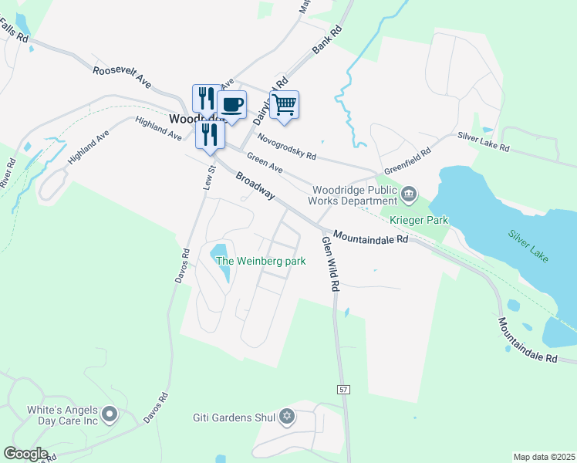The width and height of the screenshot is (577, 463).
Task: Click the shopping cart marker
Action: (x=284, y=105)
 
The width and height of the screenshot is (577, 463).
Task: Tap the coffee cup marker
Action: (x=231, y=105)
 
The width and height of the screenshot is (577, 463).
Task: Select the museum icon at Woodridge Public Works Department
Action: (x=409, y=192)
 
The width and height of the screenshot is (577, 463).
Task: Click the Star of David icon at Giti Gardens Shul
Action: (x=287, y=417)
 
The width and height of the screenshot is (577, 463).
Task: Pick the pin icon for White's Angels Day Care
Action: (x=109, y=414)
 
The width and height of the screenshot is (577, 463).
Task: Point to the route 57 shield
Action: (x=342, y=390)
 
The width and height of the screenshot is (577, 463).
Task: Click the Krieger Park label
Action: (x=419, y=220)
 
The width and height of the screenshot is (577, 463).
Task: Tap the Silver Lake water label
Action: (x=528, y=246)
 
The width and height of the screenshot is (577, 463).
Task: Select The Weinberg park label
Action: (x=261, y=261)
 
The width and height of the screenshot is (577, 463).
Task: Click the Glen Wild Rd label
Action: (x=331, y=263)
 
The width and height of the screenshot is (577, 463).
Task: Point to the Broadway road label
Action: (x=255, y=185)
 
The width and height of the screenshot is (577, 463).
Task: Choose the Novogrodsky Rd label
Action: (x=287, y=145)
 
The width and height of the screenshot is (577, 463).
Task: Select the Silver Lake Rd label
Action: (x=484, y=140)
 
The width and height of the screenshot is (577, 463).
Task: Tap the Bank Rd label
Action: (x=326, y=42)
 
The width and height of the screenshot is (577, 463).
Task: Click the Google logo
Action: (x=25, y=454)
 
